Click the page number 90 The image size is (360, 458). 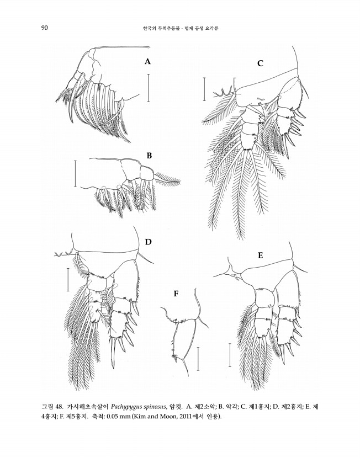[44, 28]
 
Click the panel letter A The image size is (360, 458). [147, 61]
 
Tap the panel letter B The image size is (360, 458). [149, 156]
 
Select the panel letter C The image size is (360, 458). [260, 63]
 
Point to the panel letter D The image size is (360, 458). [149, 242]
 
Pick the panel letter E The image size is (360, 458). [261, 255]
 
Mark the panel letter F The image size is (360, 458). [176, 294]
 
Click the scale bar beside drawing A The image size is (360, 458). [149, 88]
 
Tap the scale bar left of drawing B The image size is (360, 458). [75, 173]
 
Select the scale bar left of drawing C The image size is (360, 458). [204, 89]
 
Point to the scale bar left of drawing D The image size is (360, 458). [68, 280]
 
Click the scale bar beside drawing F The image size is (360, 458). [198, 359]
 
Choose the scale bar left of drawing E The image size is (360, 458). [230, 355]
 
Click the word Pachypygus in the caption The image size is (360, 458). [124, 406]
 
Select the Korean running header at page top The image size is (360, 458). [181, 28]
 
